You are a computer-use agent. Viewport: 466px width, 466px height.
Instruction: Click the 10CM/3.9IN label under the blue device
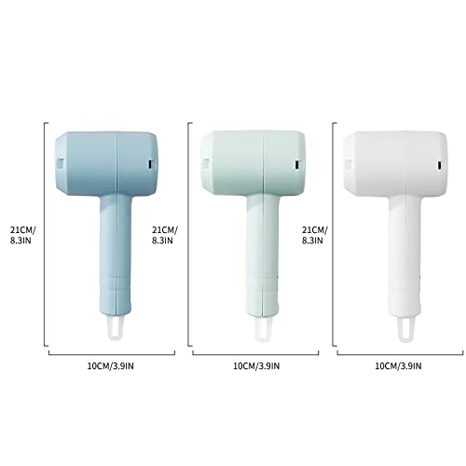(x=110, y=366)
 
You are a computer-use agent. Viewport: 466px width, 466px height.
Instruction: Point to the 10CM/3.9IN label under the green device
(x=256, y=366)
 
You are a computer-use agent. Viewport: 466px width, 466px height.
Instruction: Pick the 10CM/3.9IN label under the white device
(x=398, y=366)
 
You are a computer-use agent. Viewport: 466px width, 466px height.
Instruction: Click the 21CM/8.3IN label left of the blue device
(x=22, y=235)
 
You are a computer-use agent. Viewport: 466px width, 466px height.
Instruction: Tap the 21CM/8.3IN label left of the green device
(x=165, y=235)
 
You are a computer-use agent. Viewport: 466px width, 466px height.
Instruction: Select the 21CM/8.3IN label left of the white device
(x=315, y=235)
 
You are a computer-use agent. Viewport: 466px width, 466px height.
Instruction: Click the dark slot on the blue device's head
(x=151, y=164)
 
